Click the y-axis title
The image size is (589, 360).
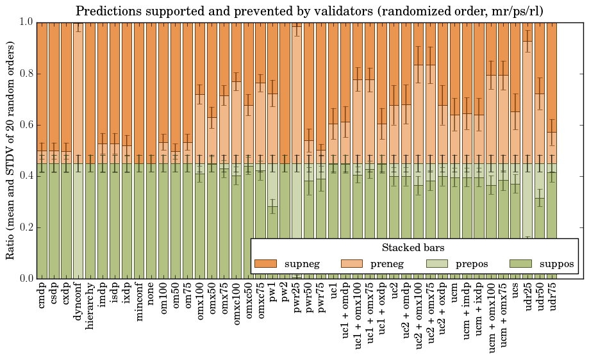(11, 150)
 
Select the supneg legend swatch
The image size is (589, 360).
(265, 264)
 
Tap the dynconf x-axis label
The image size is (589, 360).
(78, 302)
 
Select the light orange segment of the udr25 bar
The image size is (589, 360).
(528, 102)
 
